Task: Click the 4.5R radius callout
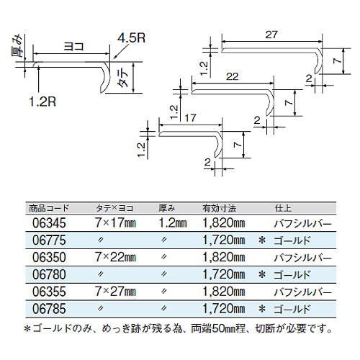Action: pos(131,37)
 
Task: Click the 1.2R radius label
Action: pos(42,102)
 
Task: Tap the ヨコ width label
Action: pos(73,46)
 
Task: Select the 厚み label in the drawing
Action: pos(17,46)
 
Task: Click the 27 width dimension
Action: pos(271,35)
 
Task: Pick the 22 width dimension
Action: pos(233,77)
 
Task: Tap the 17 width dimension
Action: pos(190,118)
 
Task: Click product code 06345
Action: pos(49,223)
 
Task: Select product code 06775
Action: pos(49,240)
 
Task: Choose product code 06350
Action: pos(49,257)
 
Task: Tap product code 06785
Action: pos(49,309)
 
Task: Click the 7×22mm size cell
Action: pos(115,257)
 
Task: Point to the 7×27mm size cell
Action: pos(115,292)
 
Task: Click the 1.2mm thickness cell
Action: pos(173,223)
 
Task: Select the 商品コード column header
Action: pos(49,208)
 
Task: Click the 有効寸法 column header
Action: pos(219,208)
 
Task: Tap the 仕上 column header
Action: pos(283,208)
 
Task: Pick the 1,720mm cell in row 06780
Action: pos(224,274)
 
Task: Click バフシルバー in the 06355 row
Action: pos(302,292)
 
